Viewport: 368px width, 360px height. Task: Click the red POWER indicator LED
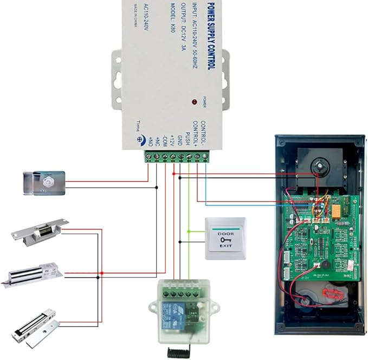pos(193,102)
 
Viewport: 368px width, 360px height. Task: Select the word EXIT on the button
pos(225,247)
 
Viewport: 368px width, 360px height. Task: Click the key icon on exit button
pos(225,240)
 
